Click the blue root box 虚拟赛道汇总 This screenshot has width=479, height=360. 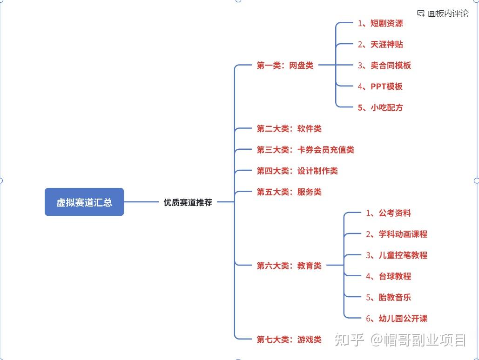coord(84,202)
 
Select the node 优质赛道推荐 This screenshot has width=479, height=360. coord(188,202)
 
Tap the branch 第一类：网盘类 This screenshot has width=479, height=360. coord(285,66)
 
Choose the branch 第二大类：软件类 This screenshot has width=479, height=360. coord(289,129)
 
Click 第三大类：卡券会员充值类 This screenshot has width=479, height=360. coord(305,150)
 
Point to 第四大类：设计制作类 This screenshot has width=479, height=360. coord(297,171)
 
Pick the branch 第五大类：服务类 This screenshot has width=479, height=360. coord(289,192)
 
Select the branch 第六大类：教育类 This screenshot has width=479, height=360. coord(289,266)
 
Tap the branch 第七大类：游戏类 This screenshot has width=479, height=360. coord(289,340)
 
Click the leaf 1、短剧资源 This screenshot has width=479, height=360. coord(380,23)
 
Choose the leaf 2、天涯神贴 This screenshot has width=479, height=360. coord(380,44)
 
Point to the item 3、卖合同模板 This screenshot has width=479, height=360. coord(385,66)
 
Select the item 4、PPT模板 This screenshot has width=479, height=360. coord(380,87)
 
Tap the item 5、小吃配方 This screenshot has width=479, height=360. coord(380,107)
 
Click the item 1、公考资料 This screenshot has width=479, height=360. coord(388,213)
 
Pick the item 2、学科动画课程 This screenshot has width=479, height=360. coord(397,234)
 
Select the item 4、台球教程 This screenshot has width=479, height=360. coord(388,276)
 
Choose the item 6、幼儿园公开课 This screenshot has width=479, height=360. coord(397,319)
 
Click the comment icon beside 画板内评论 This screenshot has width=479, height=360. coord(421,13)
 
